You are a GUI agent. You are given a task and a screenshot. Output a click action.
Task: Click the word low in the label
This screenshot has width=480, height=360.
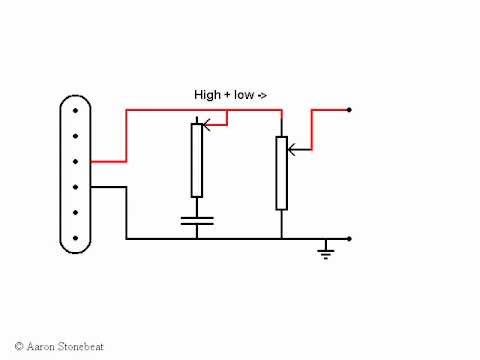pos(245,94)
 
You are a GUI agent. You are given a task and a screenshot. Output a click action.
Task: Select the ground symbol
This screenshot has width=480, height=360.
pos(325,250)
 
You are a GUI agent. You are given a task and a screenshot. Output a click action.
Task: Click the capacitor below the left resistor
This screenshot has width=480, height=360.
pos(197,221)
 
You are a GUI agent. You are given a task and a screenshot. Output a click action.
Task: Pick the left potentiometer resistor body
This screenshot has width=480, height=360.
pos(197,160)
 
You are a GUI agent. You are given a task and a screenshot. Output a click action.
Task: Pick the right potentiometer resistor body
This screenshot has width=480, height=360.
pos(282,172)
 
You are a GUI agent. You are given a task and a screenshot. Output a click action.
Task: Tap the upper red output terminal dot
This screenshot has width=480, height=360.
pos(349,109)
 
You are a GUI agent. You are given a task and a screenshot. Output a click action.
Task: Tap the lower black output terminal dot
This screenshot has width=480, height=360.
pos(349,239)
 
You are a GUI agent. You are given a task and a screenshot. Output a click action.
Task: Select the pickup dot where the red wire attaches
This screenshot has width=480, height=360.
pos(76,160)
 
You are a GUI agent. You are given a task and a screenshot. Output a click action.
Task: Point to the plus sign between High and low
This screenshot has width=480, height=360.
pos(228,95)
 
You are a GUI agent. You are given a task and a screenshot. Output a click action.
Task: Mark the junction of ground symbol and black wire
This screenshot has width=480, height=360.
pos(325,239)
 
